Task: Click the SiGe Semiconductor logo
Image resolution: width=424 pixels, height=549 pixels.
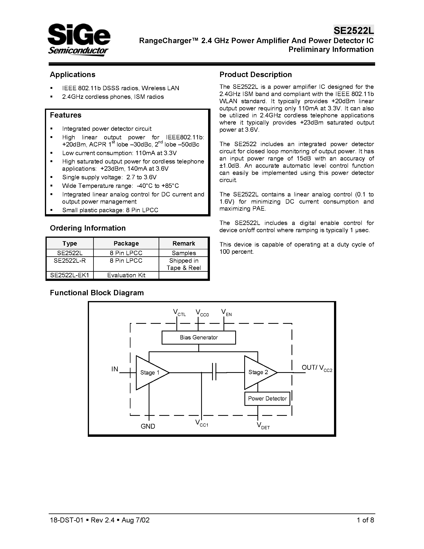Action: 79,40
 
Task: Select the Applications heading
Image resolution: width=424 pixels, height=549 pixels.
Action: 72,74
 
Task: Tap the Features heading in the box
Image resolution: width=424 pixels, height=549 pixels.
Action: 66,115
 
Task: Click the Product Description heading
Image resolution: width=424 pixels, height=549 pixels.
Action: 255,74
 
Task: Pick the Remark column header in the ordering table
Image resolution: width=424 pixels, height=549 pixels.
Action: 184,243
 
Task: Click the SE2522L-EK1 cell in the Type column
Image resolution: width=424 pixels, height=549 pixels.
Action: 70,275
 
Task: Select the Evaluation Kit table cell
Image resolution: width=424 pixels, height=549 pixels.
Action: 126,275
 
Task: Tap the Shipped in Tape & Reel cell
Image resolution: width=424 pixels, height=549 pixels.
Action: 184,264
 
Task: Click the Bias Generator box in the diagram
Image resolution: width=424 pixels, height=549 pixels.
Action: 199,337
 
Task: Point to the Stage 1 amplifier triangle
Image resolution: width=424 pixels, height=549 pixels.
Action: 150,373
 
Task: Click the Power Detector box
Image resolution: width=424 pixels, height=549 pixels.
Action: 267,398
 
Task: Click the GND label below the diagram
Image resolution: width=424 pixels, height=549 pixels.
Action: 148,426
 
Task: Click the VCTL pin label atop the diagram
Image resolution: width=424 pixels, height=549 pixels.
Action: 179,313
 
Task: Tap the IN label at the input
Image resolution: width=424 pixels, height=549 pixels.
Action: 115,369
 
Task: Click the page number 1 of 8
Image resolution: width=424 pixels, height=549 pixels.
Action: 365,520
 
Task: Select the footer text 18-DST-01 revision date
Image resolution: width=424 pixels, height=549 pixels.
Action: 100,520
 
